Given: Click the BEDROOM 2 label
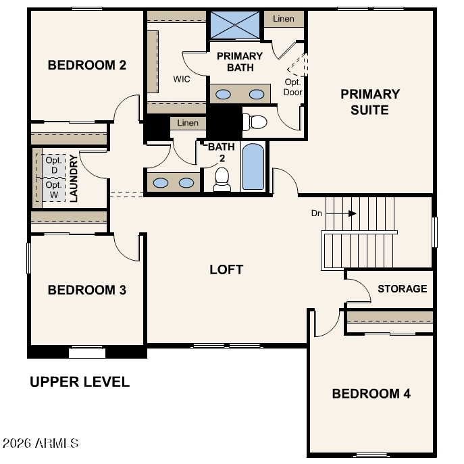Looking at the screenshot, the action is tap(87, 65).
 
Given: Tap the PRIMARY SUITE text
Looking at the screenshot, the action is tap(370, 102).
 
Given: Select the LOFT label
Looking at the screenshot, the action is tap(226, 269).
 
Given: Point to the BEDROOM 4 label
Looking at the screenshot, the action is tap(371, 394).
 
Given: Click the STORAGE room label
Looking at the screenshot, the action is tap(403, 288).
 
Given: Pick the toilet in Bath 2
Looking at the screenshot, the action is tap(222, 180).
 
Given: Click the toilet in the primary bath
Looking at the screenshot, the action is tap(255, 122).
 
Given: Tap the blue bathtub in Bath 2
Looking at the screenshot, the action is tap(253, 167).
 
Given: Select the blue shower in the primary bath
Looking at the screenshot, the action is tap(234, 25).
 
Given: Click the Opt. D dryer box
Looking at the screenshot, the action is tap(54, 165).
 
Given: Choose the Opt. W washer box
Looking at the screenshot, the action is tap(54, 190).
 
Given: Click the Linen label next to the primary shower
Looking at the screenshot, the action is tap(284, 19).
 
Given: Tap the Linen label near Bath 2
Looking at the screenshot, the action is tap(188, 123).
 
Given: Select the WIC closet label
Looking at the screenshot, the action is tap(182, 79).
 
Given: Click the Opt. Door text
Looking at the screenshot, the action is tap(292, 87).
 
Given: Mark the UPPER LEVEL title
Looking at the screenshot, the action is tap(80, 382).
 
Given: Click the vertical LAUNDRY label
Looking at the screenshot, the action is tap(74, 178).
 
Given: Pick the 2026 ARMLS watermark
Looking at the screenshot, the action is tap(41, 443).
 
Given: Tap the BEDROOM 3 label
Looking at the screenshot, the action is tap(87, 290).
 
